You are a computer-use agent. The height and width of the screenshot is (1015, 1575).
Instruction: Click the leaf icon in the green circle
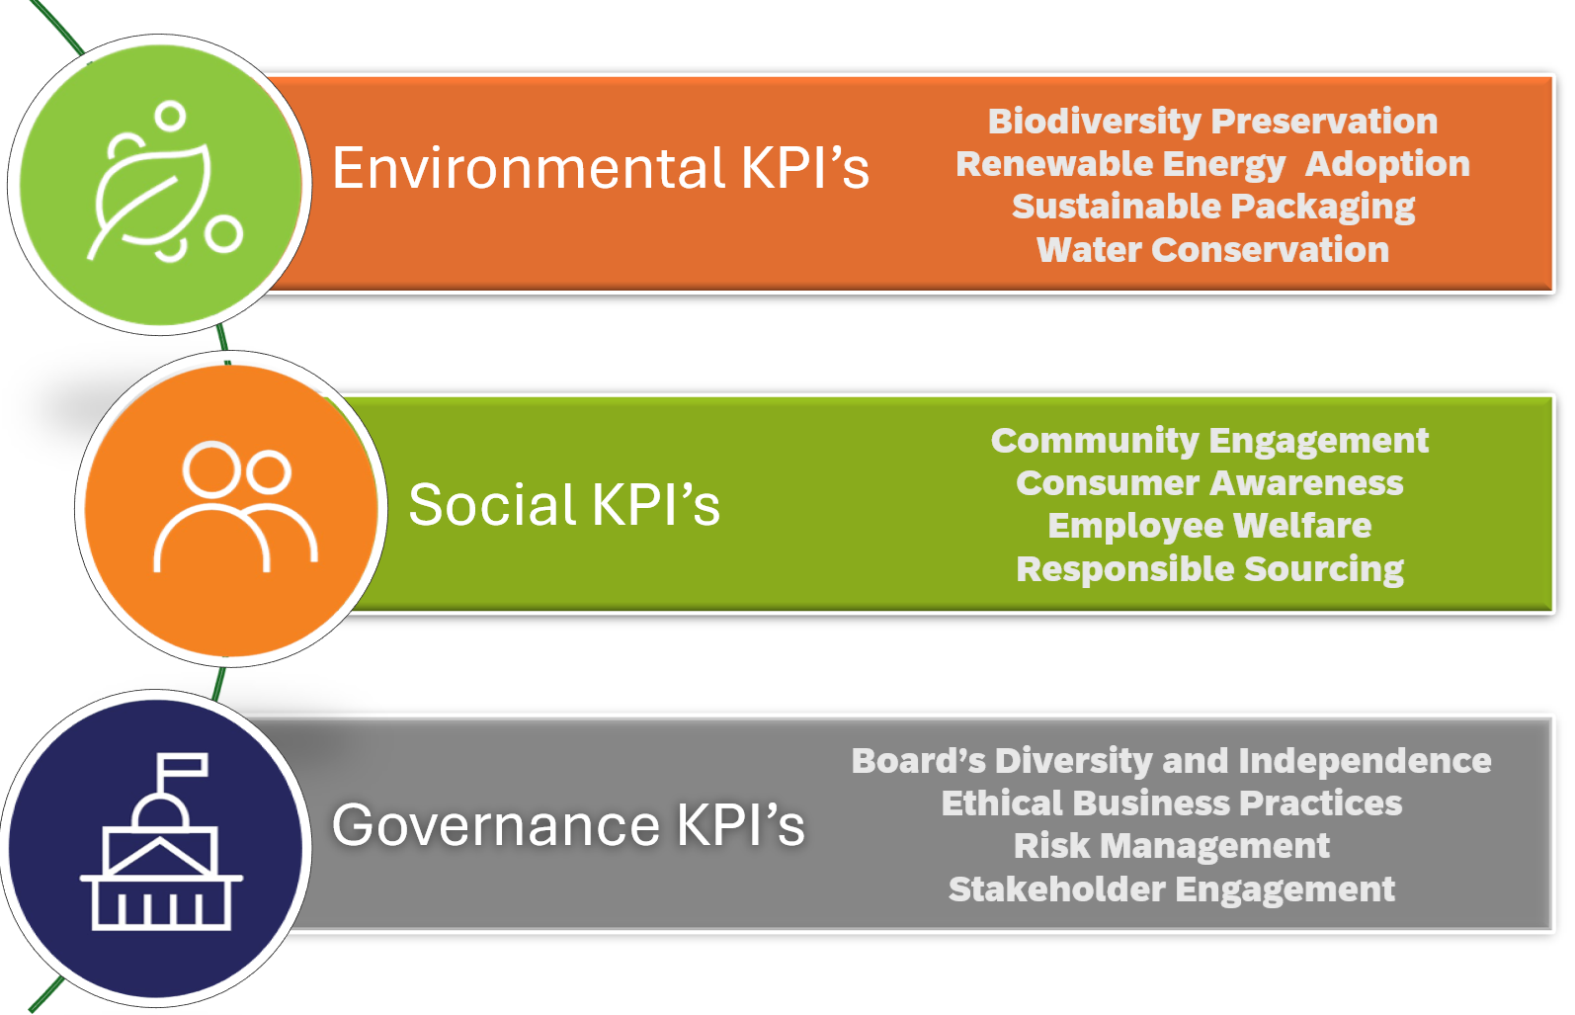[151, 201]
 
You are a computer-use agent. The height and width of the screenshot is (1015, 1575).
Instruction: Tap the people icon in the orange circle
[235, 506]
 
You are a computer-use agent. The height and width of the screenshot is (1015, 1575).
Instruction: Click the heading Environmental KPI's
[601, 169]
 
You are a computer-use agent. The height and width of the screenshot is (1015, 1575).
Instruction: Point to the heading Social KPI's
[564, 504]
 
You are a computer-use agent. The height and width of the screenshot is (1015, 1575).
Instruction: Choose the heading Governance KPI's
[568, 824]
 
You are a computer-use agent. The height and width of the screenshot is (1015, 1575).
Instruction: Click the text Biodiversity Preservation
[1213, 122]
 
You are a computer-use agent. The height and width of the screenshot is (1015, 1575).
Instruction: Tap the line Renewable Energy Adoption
[1213, 165]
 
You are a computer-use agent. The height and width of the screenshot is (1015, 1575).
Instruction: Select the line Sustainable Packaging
[1213, 208]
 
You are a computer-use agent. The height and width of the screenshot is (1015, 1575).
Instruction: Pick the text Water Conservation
[1213, 250]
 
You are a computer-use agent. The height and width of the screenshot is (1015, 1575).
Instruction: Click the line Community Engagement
[1209, 442]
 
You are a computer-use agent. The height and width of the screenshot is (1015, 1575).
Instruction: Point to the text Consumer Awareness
[1209, 483]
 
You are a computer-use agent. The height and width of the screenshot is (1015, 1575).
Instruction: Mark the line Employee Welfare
[1209, 526]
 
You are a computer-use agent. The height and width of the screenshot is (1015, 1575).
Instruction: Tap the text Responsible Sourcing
[1209, 569]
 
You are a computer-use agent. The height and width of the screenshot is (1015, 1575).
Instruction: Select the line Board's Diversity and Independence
[1172, 761]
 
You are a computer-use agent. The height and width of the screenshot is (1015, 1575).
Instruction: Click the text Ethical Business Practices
[1172, 804]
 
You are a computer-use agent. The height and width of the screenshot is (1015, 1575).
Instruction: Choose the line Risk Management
[1172, 846]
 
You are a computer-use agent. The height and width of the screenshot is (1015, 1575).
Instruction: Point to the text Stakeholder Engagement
[1172, 889]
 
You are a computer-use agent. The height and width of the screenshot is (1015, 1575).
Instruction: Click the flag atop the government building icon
[182, 766]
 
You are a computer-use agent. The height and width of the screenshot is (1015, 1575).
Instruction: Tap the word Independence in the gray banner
[1365, 761]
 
